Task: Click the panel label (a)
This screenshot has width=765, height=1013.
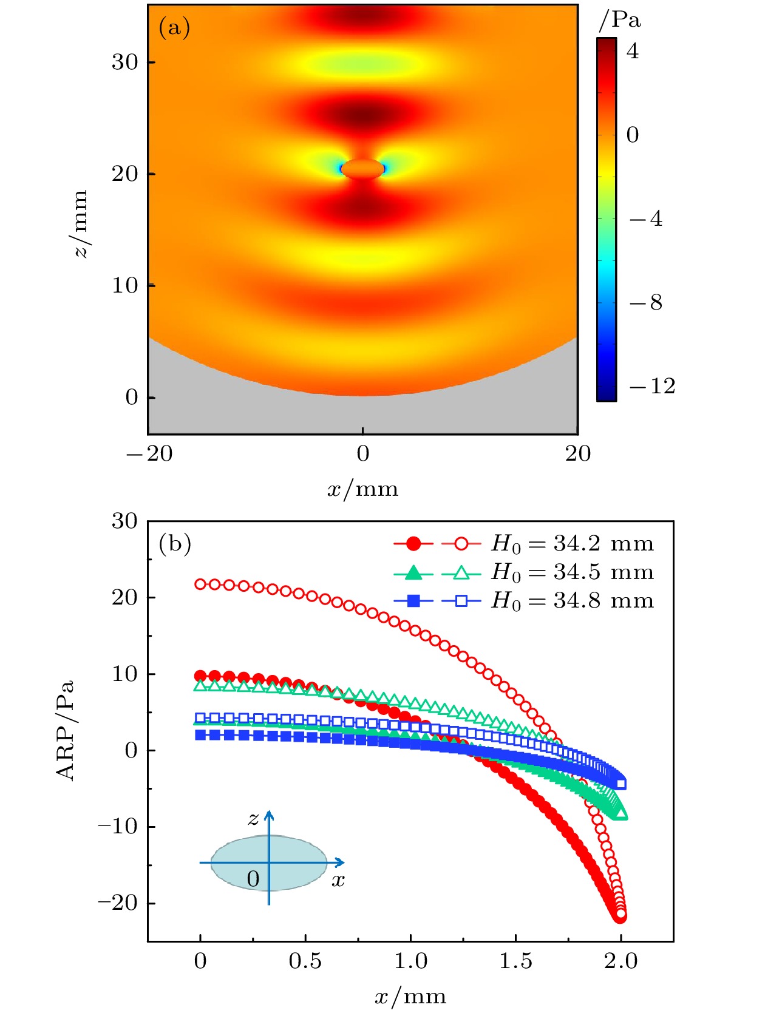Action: (174, 28)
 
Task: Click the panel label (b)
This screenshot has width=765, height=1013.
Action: (175, 543)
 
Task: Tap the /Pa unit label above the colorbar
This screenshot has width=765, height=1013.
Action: (619, 21)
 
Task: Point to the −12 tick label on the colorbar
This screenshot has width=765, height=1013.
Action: (652, 386)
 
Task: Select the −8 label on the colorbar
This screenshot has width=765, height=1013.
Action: (646, 302)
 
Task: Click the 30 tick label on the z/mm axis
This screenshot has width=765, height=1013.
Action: (124, 62)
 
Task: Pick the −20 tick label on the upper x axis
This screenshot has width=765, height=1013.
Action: (149, 453)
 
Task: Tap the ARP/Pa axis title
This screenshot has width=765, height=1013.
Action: (65, 730)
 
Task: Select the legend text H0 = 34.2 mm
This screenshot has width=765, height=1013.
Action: (572, 544)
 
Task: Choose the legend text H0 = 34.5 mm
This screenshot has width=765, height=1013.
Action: (572, 572)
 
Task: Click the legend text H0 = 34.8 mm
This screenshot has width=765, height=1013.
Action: (572, 601)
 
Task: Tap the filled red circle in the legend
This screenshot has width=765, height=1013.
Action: (413, 544)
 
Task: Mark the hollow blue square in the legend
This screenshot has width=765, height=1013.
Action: (461, 601)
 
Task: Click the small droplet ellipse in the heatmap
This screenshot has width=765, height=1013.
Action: (362, 169)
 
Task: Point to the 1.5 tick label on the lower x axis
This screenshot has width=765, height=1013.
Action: (515, 961)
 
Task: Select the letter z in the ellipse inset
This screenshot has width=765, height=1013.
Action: (253, 819)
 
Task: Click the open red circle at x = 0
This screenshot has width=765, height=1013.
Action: (200, 584)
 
